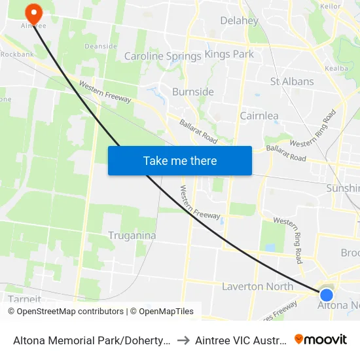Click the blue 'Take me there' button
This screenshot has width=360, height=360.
click(x=180, y=160)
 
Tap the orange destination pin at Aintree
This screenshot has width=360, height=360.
click(x=31, y=12)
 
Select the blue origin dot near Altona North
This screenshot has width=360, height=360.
click(x=326, y=295)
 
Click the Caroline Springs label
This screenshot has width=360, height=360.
click(x=162, y=56)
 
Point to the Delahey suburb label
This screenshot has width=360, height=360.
click(x=239, y=20)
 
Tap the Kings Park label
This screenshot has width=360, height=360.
click(x=229, y=54)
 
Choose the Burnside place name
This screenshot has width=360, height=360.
click(x=192, y=92)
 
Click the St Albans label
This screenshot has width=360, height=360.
click(x=292, y=82)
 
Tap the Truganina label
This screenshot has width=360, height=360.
click(x=132, y=236)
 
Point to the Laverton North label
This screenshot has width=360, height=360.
click(x=257, y=286)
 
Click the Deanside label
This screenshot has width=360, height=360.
click(x=101, y=46)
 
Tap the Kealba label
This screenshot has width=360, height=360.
click(x=336, y=67)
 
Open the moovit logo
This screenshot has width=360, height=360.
click(x=321, y=340)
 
